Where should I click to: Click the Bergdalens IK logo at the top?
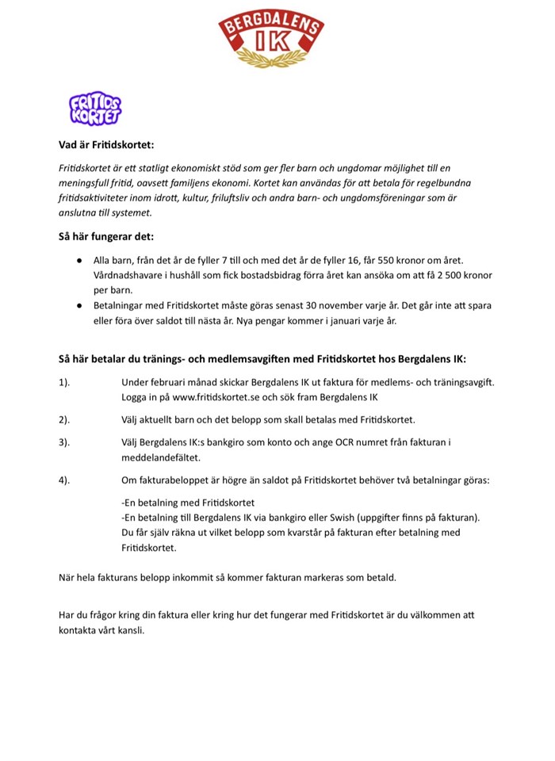(271, 39)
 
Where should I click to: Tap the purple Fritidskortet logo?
(95, 109)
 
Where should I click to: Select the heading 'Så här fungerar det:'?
(106, 236)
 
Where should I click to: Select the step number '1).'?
(65, 382)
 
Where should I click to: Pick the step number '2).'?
(65, 419)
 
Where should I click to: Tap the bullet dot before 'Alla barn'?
(80, 260)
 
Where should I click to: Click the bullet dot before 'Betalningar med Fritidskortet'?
(80, 305)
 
